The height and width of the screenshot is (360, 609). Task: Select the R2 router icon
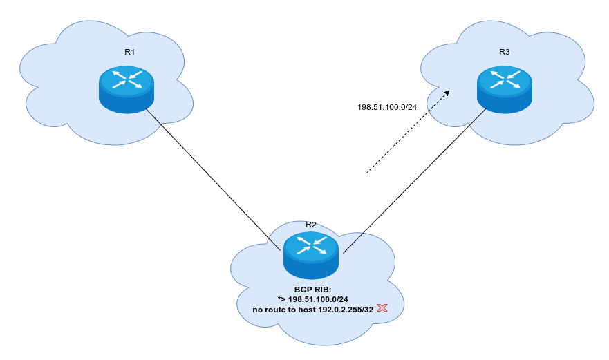[x=310, y=254]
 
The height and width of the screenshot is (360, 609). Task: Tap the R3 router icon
[x=504, y=89]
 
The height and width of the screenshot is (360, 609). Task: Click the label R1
[x=129, y=52]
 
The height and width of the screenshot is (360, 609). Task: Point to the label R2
[x=311, y=225]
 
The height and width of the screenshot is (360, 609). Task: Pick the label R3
[x=504, y=52]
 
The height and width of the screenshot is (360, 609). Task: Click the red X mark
[x=381, y=307]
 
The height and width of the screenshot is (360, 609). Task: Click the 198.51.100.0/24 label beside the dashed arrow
[x=387, y=107]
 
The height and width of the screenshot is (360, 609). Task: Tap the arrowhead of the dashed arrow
[x=447, y=93]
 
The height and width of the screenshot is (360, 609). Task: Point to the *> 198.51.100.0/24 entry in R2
[x=312, y=299]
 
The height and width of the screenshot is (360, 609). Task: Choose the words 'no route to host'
[x=284, y=309]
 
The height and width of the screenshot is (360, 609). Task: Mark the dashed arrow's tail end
[x=367, y=173]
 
